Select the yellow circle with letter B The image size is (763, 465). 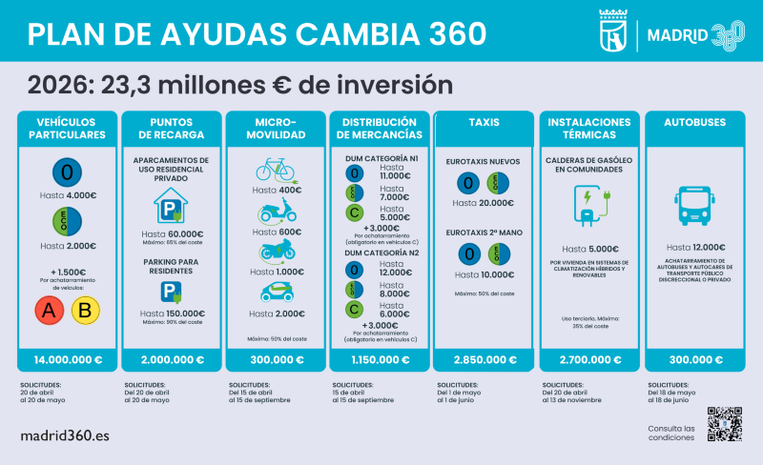(x=86, y=310)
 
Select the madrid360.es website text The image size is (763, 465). (x=66, y=435)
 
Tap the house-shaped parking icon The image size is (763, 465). (x=171, y=204)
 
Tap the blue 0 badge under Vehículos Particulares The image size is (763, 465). (x=66, y=172)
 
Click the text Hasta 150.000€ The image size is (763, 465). (x=172, y=313)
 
